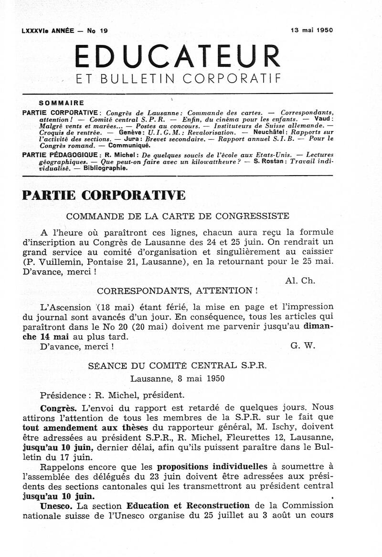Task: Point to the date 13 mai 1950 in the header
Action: tap(312, 30)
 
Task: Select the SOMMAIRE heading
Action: tap(62, 103)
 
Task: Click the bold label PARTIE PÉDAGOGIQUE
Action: tap(61, 155)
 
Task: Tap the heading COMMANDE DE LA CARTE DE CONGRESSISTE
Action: tap(178, 216)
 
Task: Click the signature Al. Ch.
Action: tap(300, 281)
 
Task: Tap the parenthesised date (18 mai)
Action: tap(113, 307)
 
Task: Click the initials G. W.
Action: tap(303, 346)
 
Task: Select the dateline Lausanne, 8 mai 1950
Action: tap(178, 378)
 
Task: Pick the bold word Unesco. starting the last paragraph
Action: tap(57, 505)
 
